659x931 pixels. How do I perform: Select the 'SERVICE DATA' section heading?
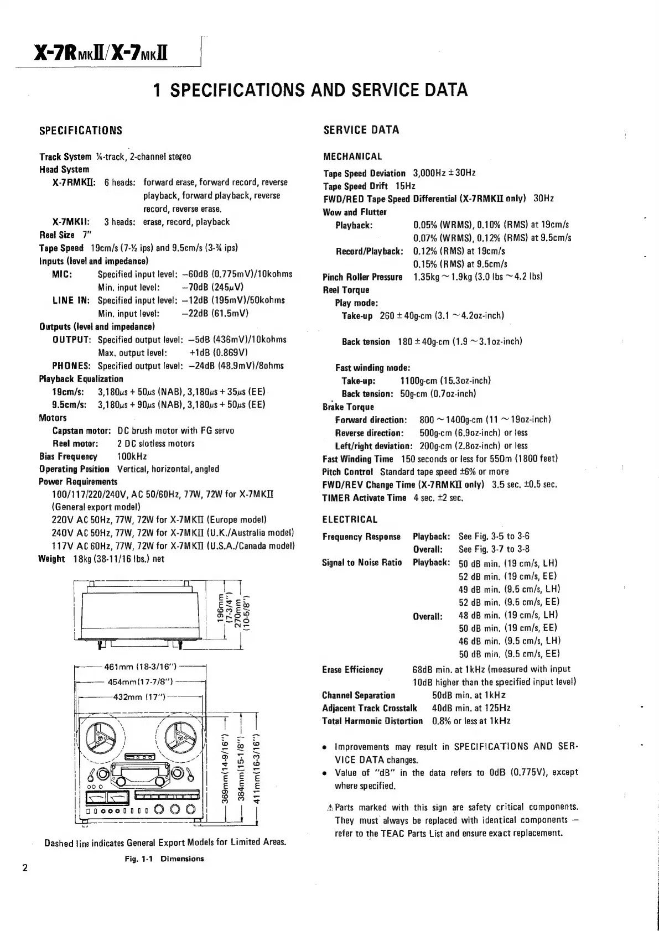(x=361, y=130)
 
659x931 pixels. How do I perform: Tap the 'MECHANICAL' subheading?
(x=352, y=157)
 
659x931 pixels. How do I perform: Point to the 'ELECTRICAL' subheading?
(x=350, y=519)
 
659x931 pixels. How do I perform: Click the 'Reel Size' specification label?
(x=56, y=235)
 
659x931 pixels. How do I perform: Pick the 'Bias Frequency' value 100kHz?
(x=132, y=456)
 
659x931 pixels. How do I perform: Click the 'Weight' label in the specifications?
(x=51, y=559)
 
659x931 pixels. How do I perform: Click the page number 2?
(x=25, y=867)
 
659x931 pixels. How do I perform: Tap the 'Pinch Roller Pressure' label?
(x=362, y=277)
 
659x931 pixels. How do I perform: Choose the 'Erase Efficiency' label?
(x=352, y=670)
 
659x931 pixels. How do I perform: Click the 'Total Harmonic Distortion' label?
(x=372, y=721)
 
